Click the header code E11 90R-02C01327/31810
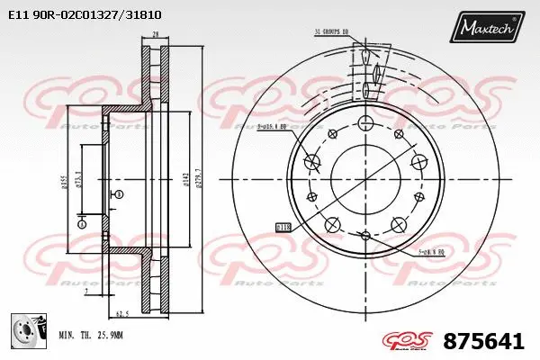85,15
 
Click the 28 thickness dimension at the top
155,34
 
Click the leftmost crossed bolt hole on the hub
312,162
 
